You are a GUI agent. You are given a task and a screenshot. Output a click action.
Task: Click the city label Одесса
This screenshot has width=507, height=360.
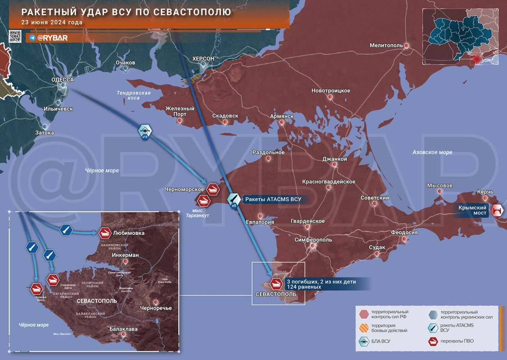pyautogui.click(x=63, y=79)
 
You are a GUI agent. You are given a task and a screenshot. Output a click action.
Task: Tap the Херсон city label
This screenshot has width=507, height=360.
pyautogui.click(x=203, y=59)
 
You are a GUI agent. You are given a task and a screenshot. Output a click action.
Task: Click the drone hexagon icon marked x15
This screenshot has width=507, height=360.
pyautogui.click(x=145, y=131)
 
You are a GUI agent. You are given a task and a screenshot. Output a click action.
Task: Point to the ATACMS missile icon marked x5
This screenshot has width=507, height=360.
pyautogui.click(x=234, y=199)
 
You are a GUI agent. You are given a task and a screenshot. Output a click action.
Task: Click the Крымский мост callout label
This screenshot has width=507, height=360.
pyautogui.click(x=473, y=210)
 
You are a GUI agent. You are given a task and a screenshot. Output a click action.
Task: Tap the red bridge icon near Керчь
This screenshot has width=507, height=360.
pyautogui.click(x=498, y=210)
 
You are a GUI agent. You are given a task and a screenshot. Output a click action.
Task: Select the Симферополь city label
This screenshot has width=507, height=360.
pyautogui.click(x=313, y=239)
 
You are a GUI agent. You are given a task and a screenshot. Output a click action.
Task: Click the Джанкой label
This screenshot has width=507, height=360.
pyautogui.click(x=335, y=159)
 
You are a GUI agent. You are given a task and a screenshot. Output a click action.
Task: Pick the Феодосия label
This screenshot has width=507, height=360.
pyautogui.click(x=404, y=232)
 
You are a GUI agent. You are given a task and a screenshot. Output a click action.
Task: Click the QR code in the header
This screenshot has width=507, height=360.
pyautogui.click(x=15, y=36)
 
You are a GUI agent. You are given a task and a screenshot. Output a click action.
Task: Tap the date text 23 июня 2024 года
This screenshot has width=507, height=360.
pyautogui.click(x=52, y=22)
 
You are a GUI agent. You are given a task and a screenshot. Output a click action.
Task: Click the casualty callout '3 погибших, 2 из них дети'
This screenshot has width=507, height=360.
pyautogui.click(x=321, y=282)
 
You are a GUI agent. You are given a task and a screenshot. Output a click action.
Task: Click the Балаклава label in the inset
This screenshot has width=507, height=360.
pyautogui.click(x=124, y=329)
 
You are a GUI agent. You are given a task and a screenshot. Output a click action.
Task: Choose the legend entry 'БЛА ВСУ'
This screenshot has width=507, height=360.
pyautogui.click(x=381, y=342)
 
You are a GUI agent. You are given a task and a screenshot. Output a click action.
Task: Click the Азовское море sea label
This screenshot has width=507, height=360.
pyautogui.click(x=432, y=153)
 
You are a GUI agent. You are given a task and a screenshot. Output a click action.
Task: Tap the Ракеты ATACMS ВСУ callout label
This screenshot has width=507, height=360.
pyautogui.click(x=272, y=199)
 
